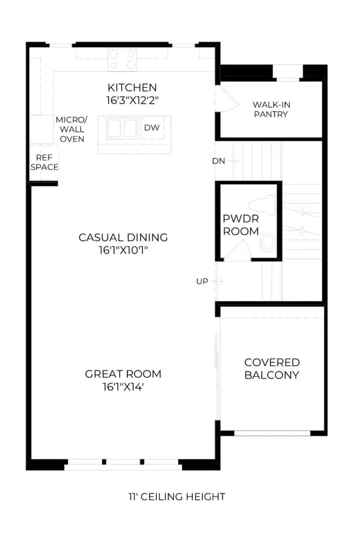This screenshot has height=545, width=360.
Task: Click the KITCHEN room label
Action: coord(132,88)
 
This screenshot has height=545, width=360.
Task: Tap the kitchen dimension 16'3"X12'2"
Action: coord(133,101)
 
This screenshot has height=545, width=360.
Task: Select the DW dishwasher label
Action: coord(152,128)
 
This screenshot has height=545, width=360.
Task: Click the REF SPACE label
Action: coord(44,162)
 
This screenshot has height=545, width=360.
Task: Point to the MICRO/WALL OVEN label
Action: coord(72,130)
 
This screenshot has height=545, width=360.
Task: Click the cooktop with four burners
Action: coord(122,60)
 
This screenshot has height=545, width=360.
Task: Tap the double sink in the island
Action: coord(122,128)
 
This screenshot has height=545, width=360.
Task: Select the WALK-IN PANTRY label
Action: coord(272,110)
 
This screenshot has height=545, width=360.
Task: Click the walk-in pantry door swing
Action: coord(228,99)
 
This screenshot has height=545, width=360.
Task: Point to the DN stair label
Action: coord(219,161)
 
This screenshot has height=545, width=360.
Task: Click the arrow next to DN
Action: coord(234,161)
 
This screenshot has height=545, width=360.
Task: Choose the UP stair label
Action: coord(202,282)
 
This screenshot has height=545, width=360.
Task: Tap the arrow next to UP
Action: coord(218,281)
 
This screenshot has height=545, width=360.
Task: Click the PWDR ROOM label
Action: coord(241,225)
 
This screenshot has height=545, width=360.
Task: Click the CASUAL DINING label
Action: coord(123,237)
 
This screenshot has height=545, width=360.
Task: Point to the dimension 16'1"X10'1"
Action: coord(124,250)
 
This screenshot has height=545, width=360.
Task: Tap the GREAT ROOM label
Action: coord(123,374)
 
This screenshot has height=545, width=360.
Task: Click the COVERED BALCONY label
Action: coord(272,369)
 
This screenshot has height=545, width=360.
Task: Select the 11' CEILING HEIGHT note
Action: coord(177,497)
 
